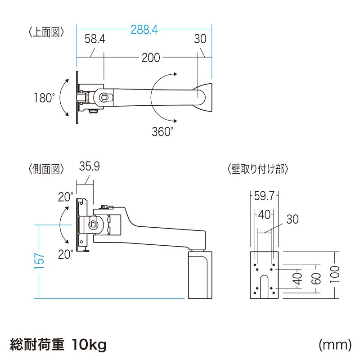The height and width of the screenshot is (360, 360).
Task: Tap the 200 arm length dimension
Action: [x=151, y=58]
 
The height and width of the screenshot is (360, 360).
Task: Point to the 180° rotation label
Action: [x=44, y=98]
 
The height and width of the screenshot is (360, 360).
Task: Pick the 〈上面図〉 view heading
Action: [x=46, y=32]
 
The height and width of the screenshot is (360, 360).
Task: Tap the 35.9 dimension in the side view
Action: [x=89, y=166]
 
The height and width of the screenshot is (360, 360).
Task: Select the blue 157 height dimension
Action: [x=40, y=261]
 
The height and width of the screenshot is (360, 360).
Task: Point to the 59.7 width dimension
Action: [x=265, y=196]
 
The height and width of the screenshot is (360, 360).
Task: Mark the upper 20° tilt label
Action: [x=65, y=197]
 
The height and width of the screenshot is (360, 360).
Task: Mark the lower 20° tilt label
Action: [x=65, y=254]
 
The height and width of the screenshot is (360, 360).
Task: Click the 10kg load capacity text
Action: [x=89, y=345]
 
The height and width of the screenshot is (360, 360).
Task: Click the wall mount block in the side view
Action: [x=199, y=275]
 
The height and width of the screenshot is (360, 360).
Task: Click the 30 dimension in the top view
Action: [x=200, y=39]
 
